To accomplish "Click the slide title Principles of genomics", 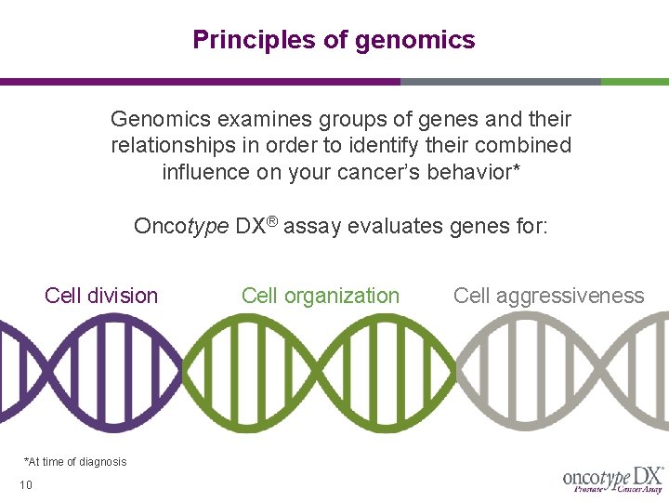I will [334, 40].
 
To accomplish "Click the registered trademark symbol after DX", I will [272, 221].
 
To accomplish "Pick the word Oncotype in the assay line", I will [180, 227].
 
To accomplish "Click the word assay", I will [313, 227].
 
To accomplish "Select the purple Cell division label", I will [101, 296].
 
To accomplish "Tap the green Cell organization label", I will [321, 296].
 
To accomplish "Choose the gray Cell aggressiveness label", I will [548, 296].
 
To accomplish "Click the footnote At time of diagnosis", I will [75, 462].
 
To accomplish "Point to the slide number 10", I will [26, 484].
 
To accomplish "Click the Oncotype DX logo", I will [612, 479].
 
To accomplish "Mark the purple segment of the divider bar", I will [200, 82].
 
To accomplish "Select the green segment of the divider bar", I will [635, 82].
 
